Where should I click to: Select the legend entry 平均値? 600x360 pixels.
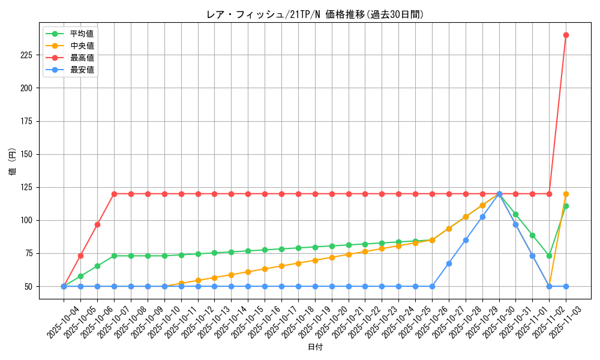(x=82, y=34)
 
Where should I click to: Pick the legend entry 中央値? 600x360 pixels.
(x=82, y=46)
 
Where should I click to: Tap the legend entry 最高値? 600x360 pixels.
(x=82, y=58)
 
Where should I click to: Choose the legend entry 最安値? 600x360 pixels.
(x=82, y=70)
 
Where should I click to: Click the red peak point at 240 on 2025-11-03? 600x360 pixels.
(x=566, y=35)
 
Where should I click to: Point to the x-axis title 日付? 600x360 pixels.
(x=315, y=347)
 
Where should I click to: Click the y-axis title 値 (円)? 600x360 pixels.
(x=13, y=161)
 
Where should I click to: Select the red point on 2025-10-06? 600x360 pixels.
(x=97, y=224)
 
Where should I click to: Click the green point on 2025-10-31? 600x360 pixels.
(x=515, y=214)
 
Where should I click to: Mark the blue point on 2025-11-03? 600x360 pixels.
(x=566, y=286)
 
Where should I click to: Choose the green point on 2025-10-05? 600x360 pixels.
(x=80, y=276)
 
